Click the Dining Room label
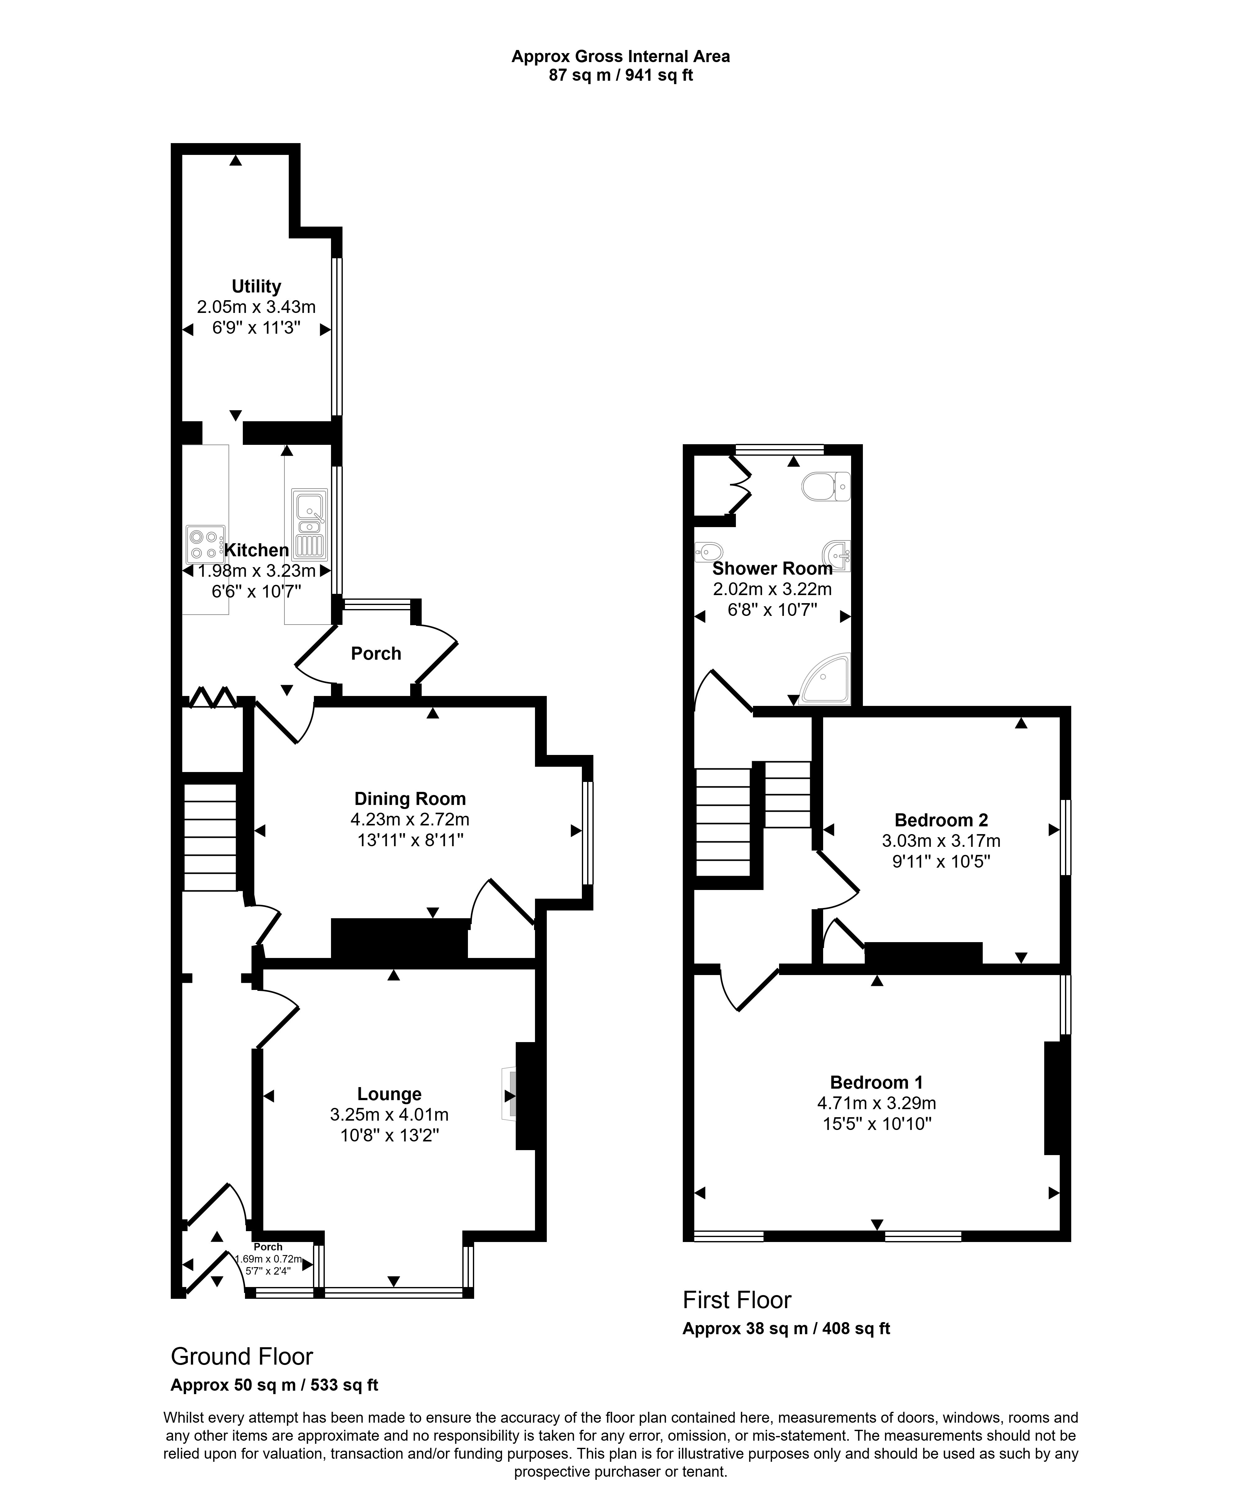coord(410,799)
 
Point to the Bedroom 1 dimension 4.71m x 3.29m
coord(877,1104)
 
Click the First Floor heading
coord(737,1299)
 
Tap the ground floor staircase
coord(210,838)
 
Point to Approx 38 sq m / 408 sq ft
coord(786,1329)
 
